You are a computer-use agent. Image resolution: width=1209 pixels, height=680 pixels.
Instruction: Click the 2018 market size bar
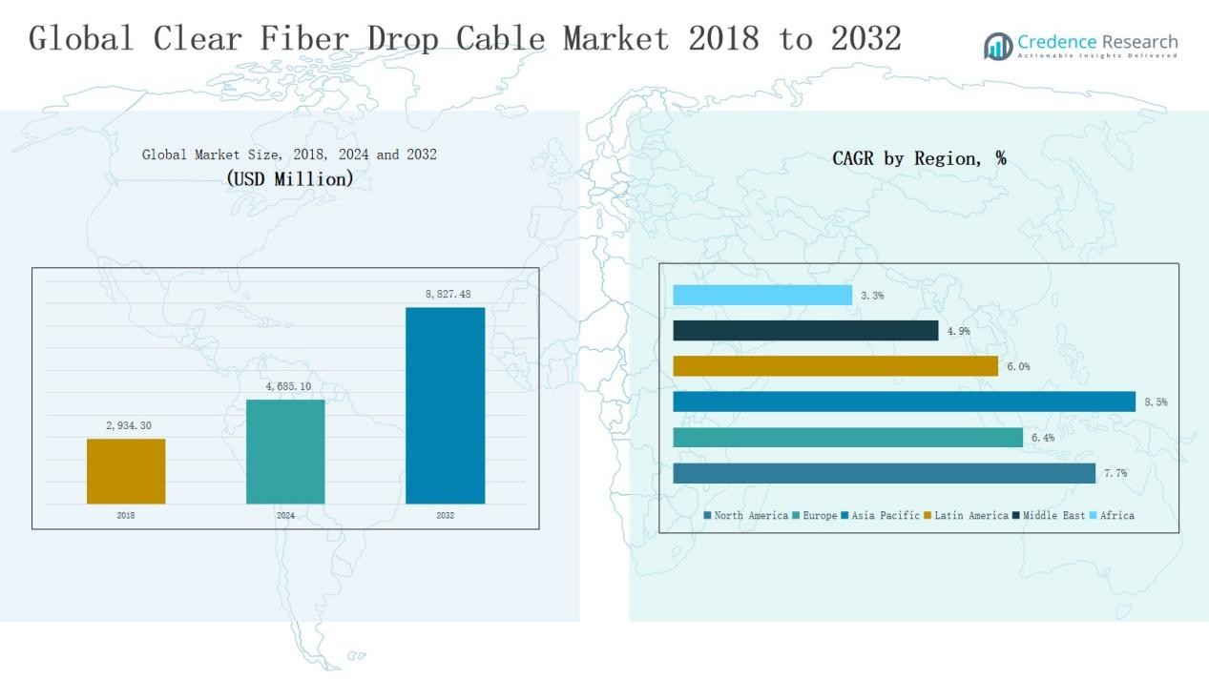click(x=126, y=471)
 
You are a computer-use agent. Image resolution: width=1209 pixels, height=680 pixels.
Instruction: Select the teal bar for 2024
click(x=285, y=451)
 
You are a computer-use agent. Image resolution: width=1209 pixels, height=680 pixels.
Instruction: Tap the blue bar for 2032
click(x=445, y=405)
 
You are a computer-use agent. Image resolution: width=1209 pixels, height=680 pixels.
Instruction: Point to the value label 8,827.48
click(x=448, y=295)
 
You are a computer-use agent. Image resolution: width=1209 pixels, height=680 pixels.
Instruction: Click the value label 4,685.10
click(x=288, y=386)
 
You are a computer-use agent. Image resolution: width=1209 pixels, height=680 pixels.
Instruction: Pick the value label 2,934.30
click(x=129, y=425)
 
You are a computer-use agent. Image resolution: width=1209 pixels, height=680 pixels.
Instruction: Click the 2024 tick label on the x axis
click(x=285, y=516)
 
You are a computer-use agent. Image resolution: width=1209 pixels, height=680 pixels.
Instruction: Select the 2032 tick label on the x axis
click(x=445, y=516)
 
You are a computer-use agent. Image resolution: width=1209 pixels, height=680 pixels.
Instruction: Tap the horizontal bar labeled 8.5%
click(x=904, y=402)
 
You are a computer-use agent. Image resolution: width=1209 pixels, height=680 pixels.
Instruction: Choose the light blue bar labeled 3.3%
click(x=762, y=296)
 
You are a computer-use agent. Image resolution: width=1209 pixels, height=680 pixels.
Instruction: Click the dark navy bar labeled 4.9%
click(x=805, y=331)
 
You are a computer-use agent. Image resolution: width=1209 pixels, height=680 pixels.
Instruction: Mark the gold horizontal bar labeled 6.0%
click(x=835, y=366)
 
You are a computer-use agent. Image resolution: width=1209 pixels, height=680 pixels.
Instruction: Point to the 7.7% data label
click(x=1115, y=473)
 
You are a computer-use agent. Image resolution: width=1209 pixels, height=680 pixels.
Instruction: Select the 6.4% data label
click(x=1042, y=438)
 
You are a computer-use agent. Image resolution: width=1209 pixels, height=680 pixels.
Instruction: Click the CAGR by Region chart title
click(x=919, y=158)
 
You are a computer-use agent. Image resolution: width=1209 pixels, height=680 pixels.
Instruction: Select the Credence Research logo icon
click(x=998, y=46)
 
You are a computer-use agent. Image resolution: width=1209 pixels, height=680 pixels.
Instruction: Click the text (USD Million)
click(x=289, y=178)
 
